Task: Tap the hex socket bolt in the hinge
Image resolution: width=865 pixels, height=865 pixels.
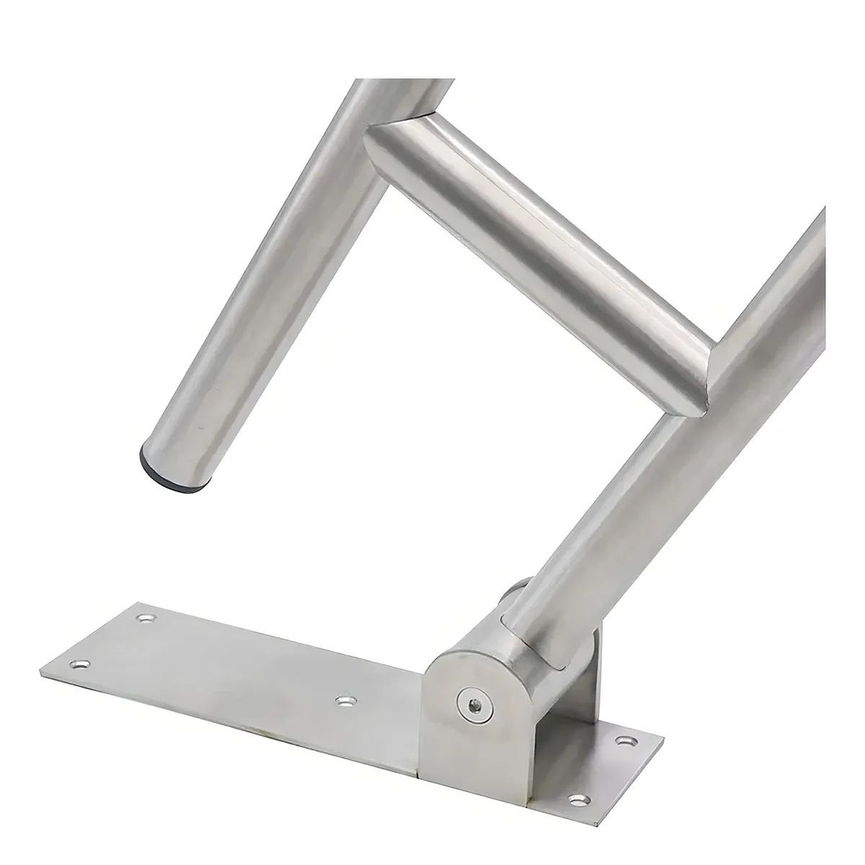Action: tap(475, 705)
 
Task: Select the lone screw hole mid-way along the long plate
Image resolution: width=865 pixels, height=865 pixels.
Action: tap(346, 701)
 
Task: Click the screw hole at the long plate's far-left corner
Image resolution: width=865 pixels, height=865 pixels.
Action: tap(79, 664)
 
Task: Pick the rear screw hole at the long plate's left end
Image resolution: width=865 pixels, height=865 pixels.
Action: tap(146, 618)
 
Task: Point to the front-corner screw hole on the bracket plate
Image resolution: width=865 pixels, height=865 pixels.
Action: tap(579, 798)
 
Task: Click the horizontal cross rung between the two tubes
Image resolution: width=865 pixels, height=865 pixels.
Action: tap(537, 257)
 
